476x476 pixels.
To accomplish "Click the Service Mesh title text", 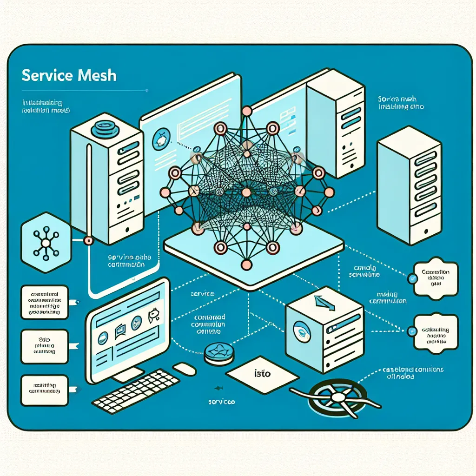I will [69, 75].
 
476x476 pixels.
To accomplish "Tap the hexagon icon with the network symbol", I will [46, 243].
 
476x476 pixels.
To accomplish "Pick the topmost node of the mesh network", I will [247, 111].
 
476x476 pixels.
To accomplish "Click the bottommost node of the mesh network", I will [247, 265].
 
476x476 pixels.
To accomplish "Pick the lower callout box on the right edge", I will [436, 331].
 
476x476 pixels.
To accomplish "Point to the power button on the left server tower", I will [127, 230].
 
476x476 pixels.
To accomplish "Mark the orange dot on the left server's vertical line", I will [87, 240].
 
